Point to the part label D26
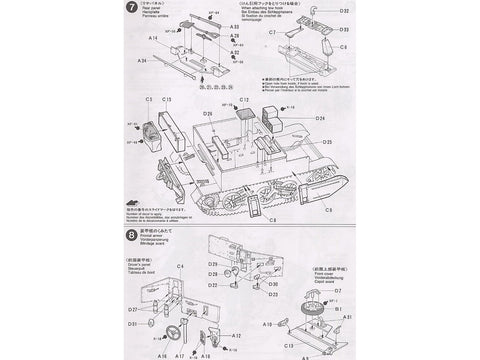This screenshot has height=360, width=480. pyautogui.click(x=209, y=113)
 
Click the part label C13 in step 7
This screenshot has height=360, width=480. pyautogui.click(x=167, y=100)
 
